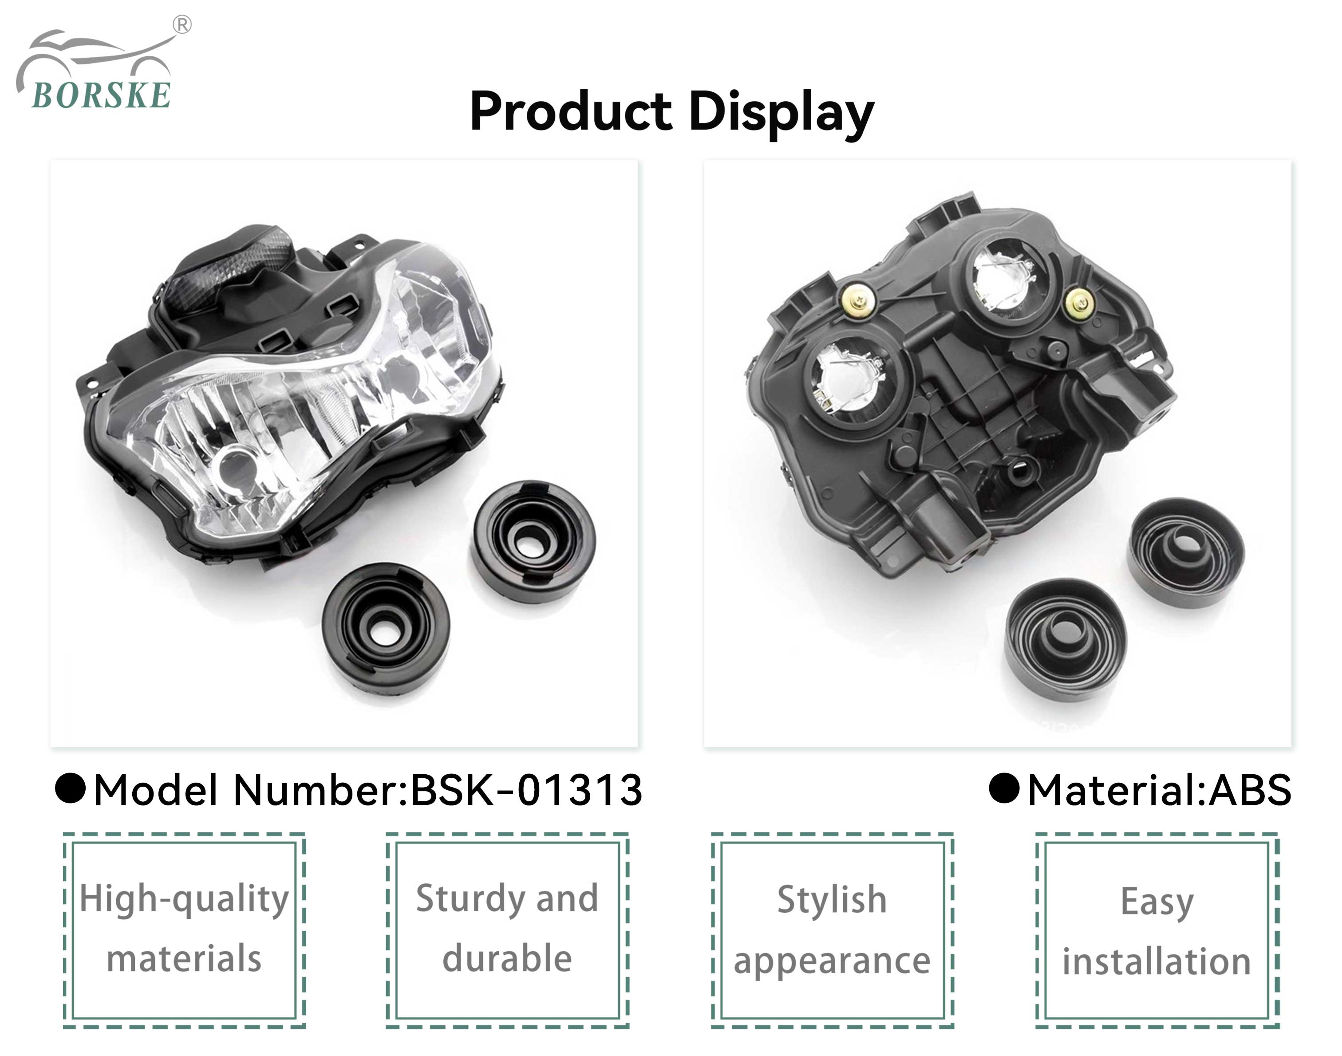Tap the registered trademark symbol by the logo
[x=182, y=25]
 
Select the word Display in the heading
[x=781, y=114]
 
